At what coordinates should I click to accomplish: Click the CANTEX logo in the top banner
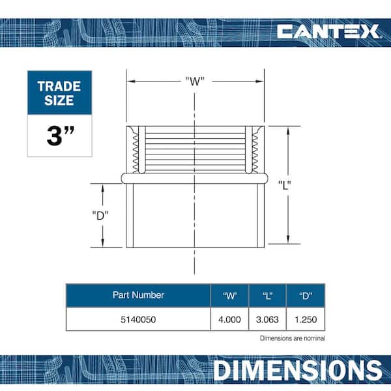tap(328, 31)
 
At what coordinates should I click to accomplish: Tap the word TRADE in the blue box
tap(59, 87)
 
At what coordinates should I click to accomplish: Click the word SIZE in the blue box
tap(59, 100)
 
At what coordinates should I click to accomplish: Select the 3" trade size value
tap(61, 136)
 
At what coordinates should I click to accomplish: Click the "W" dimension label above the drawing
tap(195, 81)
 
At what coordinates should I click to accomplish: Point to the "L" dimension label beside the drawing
tap(285, 185)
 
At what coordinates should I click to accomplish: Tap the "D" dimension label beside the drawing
tap(100, 216)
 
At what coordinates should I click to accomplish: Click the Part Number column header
tap(138, 295)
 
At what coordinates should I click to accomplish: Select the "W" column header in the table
tap(229, 295)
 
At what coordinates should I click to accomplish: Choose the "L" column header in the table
tap(268, 295)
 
